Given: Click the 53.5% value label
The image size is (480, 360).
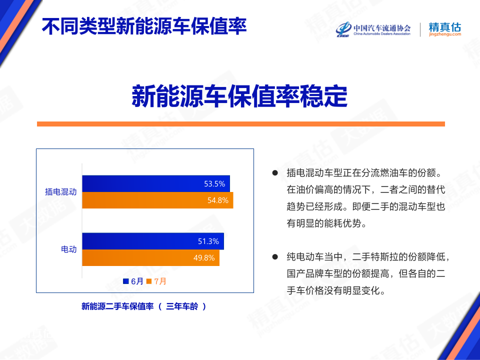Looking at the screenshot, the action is pyautogui.click(x=214, y=183).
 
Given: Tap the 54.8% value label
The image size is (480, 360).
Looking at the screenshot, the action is pyautogui.click(x=218, y=200).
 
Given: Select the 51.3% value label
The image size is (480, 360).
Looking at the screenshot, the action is pyautogui.click(x=208, y=241).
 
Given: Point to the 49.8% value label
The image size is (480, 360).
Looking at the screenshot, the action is pyautogui.click(x=204, y=258).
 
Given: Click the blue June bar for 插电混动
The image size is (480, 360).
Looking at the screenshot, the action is pyautogui.click(x=156, y=183).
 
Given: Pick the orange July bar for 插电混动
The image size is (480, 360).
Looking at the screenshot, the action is pyautogui.click(x=157, y=200).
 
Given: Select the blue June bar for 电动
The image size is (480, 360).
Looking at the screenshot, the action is pyautogui.click(x=153, y=241).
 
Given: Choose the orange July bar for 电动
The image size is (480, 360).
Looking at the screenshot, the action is pyautogui.click(x=150, y=258).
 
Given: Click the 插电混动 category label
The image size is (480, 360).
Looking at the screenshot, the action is pyautogui.click(x=60, y=192).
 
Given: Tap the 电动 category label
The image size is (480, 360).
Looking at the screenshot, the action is pyautogui.click(x=68, y=249).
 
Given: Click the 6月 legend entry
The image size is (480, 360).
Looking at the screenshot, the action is pyautogui.click(x=133, y=281).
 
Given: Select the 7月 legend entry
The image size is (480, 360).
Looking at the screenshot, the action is pyautogui.click(x=156, y=281).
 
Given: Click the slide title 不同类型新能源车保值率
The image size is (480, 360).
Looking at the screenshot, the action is pyautogui.click(x=144, y=26).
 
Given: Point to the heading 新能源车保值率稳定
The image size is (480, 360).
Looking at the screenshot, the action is pyautogui.click(x=239, y=96).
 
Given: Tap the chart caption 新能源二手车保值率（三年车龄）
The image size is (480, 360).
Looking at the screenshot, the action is pyautogui.click(x=144, y=306).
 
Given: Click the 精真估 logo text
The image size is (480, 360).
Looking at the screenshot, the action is pyautogui.click(x=444, y=27).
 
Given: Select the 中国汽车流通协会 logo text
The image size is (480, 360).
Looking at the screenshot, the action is pyautogui.click(x=382, y=28).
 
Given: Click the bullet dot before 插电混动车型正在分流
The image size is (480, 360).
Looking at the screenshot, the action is pyautogui.click(x=275, y=173).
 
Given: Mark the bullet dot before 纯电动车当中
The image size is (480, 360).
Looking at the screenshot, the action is pyautogui.click(x=275, y=256).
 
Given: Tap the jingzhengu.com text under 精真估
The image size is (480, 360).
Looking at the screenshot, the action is pyautogui.click(x=445, y=34).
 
